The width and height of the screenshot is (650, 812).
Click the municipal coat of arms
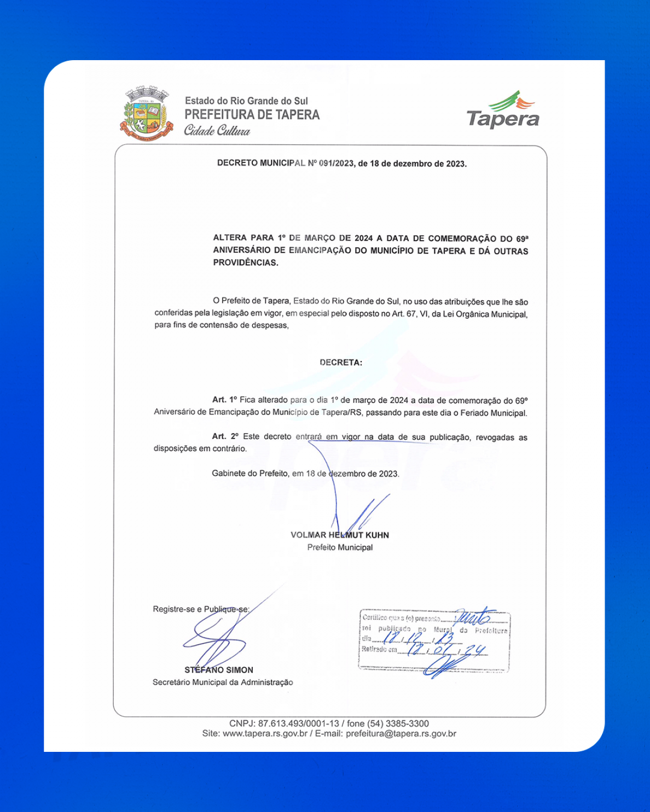coord(146,113)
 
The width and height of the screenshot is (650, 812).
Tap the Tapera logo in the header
coord(503,110)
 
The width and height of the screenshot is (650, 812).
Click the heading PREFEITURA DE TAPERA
coord(252,115)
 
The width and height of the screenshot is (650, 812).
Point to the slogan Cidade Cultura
coord(217,131)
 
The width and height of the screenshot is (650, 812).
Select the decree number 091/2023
coord(336,163)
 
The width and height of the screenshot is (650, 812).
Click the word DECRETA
coord(340,363)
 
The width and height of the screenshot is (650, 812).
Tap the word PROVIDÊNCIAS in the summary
coord(246,262)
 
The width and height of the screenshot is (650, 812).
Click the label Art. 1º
coord(224,400)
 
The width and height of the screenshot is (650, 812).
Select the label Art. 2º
coord(225,436)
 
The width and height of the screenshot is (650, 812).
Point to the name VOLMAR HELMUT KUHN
coord(340,535)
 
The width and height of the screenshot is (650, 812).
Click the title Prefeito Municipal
coord(340,547)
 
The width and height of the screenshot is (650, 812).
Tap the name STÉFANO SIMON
coord(219,670)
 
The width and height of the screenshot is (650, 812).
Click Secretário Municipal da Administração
coord(223,682)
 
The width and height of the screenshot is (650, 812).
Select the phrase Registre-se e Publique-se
coord(201,609)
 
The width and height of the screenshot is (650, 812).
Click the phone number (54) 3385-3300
coord(398,723)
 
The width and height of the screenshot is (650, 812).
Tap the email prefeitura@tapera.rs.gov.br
coord(401,734)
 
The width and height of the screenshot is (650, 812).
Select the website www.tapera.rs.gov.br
coord(265,734)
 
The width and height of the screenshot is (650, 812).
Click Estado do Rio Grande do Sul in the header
coord(246,101)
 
